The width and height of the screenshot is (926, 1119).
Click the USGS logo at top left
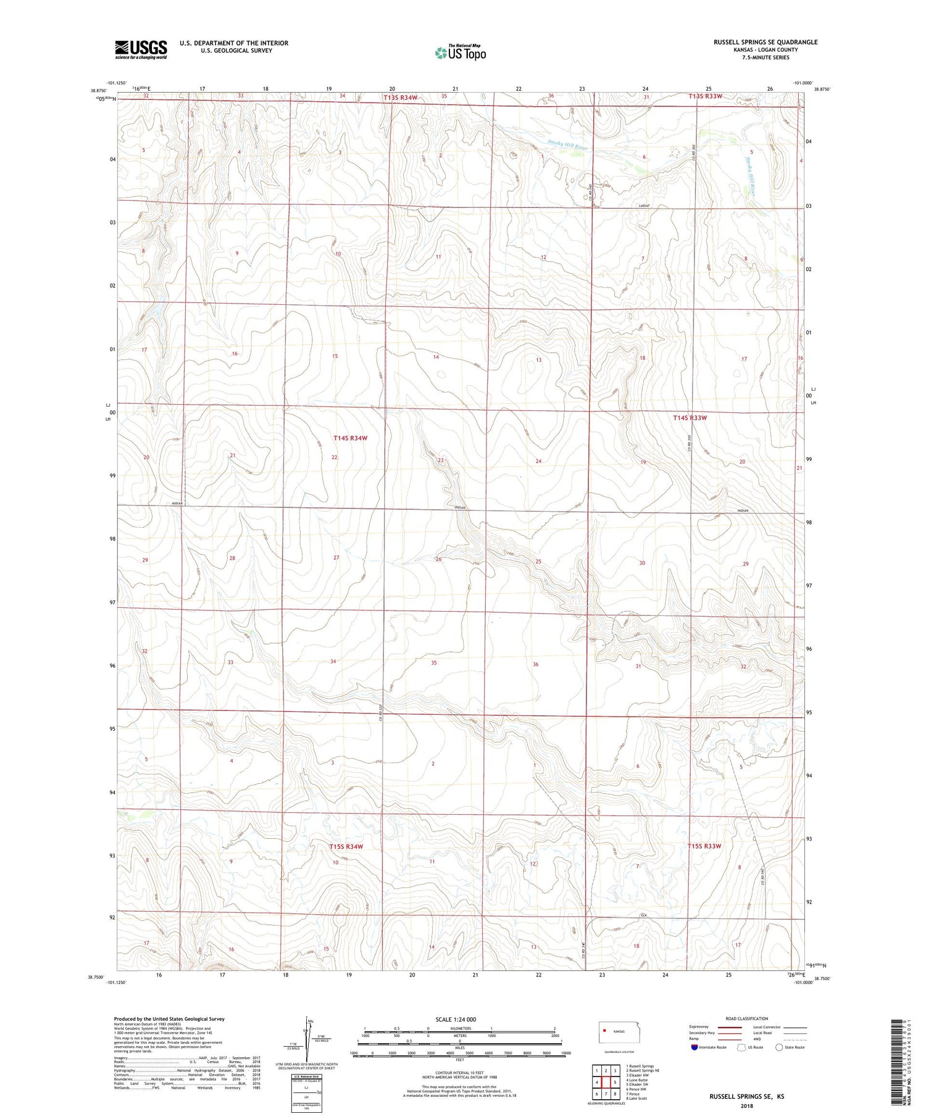pyautogui.click(x=141, y=49)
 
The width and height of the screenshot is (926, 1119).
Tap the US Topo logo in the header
pyautogui.click(x=460, y=53)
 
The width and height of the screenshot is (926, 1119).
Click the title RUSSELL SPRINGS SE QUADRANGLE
pyautogui.click(x=765, y=42)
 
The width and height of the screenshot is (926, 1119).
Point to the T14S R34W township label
pyautogui.click(x=350, y=438)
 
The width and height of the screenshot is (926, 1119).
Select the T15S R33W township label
pyautogui.click(x=704, y=846)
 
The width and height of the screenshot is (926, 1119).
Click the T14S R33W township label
pyautogui.click(x=690, y=418)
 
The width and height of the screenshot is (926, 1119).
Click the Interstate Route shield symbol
pyautogui.click(x=694, y=1047)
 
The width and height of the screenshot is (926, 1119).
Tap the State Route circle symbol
pyautogui.click(x=779, y=1047)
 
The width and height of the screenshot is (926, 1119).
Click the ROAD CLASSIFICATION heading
pyautogui.click(x=746, y=1018)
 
